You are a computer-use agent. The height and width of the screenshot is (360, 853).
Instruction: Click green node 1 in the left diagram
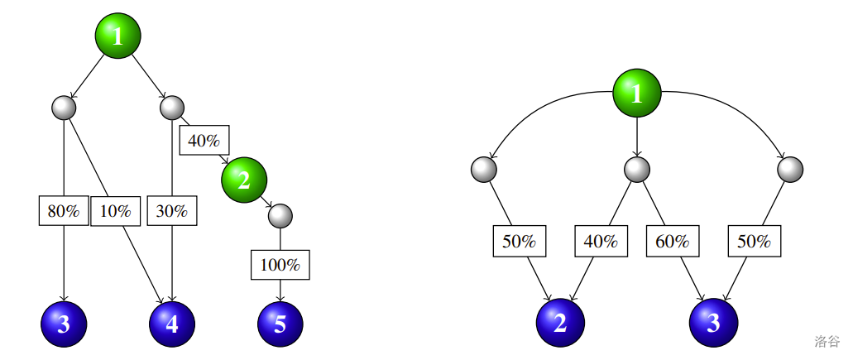117,36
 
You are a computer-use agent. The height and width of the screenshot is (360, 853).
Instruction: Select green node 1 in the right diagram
636,93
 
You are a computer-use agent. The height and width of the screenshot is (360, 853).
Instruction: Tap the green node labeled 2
243,178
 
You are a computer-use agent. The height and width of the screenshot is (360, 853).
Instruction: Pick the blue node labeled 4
172,324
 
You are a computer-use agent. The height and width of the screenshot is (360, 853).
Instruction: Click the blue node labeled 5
280,324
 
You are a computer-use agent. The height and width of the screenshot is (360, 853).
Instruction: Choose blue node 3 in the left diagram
64,324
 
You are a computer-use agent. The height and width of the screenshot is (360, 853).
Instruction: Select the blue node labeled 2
560,323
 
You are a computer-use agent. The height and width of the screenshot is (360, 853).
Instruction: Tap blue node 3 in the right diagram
713,323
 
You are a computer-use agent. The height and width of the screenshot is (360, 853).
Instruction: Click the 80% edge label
64,210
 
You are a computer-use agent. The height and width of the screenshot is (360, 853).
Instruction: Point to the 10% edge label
116,210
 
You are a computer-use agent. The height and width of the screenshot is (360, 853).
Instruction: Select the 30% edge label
172,210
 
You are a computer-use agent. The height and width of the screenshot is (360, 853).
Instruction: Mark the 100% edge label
280,266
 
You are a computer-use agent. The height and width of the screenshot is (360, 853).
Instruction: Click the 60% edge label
673,241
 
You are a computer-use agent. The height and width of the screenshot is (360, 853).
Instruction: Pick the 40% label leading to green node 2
204,140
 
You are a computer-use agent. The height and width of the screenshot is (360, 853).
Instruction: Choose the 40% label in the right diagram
601,241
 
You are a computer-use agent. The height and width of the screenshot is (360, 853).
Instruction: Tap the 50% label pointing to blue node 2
520,241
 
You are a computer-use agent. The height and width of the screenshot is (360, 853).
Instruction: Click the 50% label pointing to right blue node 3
754,241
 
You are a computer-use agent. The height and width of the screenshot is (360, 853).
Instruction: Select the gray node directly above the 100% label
280,216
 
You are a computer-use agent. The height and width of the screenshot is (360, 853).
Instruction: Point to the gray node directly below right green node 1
636,169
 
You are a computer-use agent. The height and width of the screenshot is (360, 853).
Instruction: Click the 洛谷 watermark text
827,341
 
